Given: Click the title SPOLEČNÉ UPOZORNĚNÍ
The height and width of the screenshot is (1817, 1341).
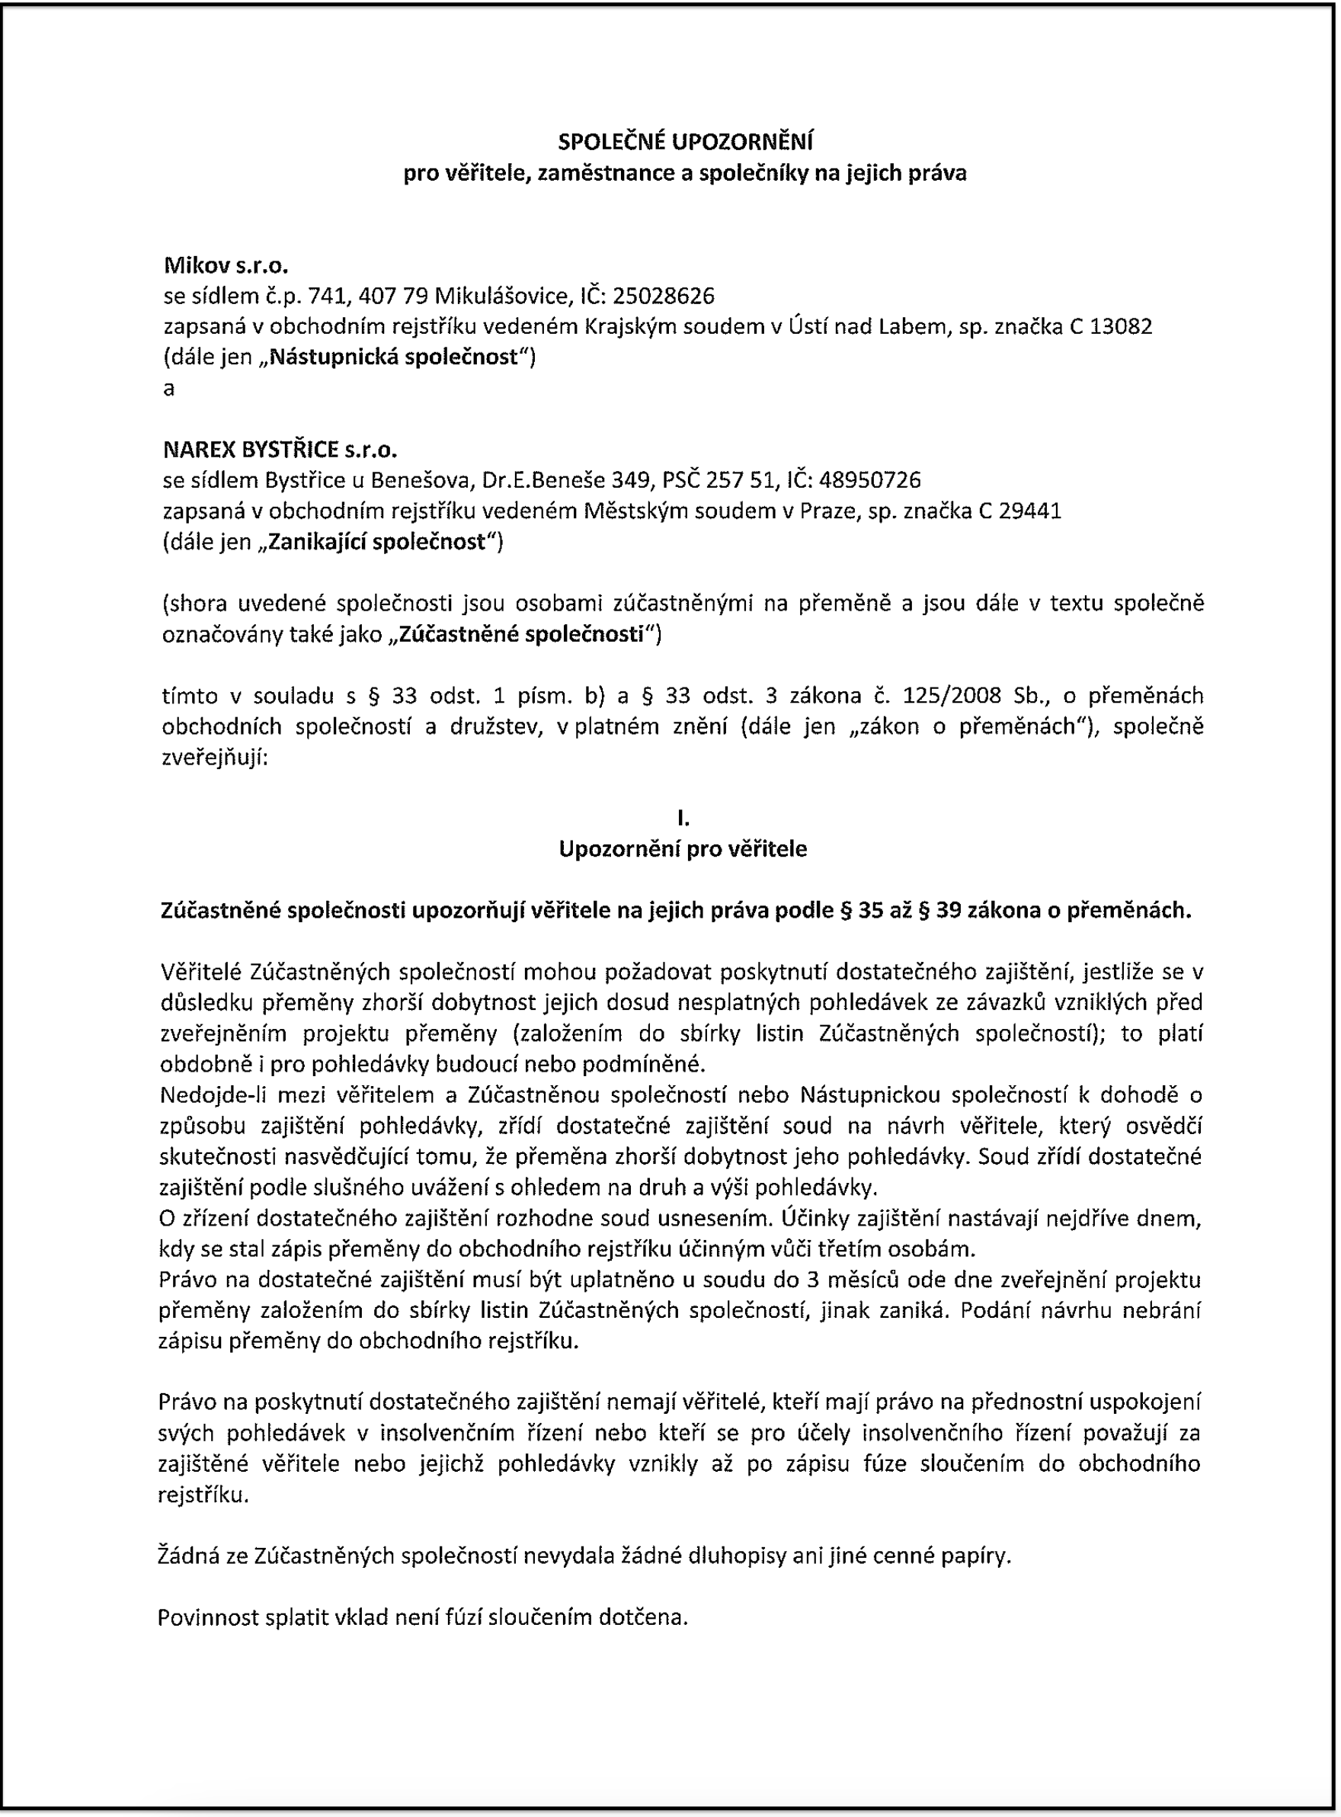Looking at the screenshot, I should pyautogui.click(x=685, y=142).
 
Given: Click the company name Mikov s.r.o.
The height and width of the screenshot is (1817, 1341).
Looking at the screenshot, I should pyautogui.click(x=226, y=265).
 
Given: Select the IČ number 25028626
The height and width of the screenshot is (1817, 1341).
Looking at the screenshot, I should pyautogui.click(x=663, y=296).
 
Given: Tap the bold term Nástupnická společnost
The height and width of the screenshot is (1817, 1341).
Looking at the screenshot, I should pyautogui.click(x=393, y=357).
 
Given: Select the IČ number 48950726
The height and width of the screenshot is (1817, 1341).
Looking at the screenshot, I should pyautogui.click(x=869, y=481).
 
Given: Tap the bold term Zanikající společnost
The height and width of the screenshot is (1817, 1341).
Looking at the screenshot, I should pyautogui.click(x=376, y=542).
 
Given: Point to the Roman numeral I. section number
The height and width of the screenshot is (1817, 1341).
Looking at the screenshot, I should pyautogui.click(x=683, y=819).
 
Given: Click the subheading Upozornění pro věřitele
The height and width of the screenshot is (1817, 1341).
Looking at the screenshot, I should pyautogui.click(x=683, y=849).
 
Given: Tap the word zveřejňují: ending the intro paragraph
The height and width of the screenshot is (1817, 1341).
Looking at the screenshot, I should pyautogui.click(x=214, y=758).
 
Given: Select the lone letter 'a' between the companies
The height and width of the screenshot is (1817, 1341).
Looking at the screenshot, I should pyautogui.click(x=169, y=389).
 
